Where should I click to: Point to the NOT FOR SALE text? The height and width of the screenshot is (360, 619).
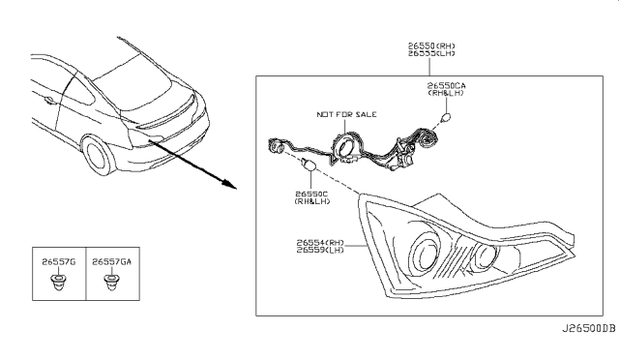coord(343,114)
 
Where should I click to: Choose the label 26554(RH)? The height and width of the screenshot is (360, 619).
coord(321,242)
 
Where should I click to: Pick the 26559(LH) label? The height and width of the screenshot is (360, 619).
coord(321,252)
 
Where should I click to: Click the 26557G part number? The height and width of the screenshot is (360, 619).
coord(59,261)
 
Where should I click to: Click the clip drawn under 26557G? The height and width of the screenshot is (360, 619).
coord(59,283)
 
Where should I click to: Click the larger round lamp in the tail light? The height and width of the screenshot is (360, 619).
coord(424,255)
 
